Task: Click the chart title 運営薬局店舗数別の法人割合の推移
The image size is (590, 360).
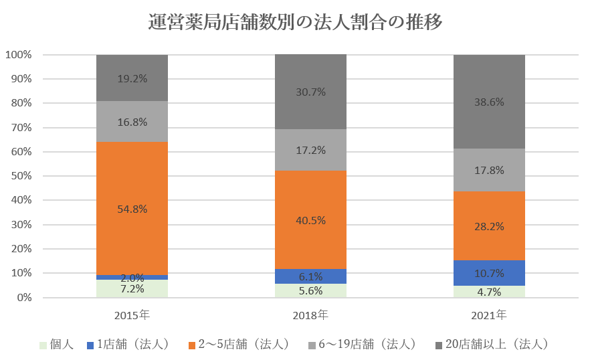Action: coord(295,23)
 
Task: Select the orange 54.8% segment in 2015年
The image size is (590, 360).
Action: coord(132,187)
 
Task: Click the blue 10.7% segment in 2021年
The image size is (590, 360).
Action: coord(489,273)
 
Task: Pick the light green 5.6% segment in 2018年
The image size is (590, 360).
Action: coord(310,291)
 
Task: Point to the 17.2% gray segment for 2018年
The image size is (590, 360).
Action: coord(310,150)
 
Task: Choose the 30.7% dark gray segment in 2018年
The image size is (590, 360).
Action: coord(310,92)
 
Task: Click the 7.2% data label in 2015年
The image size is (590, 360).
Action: coord(132,289)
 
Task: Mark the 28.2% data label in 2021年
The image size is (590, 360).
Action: coord(489,226)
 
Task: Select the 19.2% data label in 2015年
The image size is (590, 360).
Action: coord(132,78)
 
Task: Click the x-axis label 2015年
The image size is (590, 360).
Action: coord(132,314)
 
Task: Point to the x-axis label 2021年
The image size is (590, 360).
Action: coord(489,314)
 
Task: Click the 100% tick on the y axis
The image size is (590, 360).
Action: coord(18,55)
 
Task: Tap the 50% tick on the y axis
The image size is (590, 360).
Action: coord(21,176)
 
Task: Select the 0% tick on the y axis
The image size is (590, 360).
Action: coord(23,298)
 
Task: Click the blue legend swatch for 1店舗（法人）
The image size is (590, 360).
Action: coord(90,345)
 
